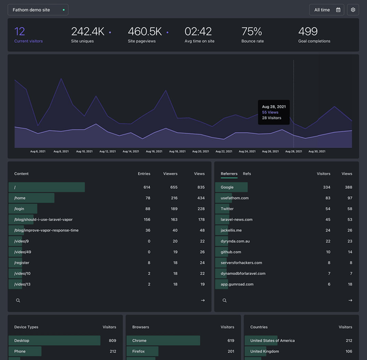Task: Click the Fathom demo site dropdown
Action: pos(38,10)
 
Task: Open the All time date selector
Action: pos(327,10)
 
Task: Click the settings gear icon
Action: pos(352,10)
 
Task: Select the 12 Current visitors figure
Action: pos(20,32)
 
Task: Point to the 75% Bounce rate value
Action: pos(251,32)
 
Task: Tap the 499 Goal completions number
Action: pos(308,32)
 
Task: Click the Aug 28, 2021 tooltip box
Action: pos(273,112)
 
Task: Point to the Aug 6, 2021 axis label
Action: pos(39,151)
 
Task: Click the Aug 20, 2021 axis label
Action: pos(201,151)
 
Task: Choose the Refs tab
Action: pos(247,174)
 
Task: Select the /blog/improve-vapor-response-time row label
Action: pos(46,230)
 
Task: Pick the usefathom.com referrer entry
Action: pos(235,198)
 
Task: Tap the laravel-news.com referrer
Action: pos(237,219)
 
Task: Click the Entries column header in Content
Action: pos(144,174)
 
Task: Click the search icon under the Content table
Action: pos(18,301)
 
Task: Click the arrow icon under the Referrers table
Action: pos(350,301)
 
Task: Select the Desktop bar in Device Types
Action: pos(54,340)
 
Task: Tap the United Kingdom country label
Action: pos(264,351)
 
